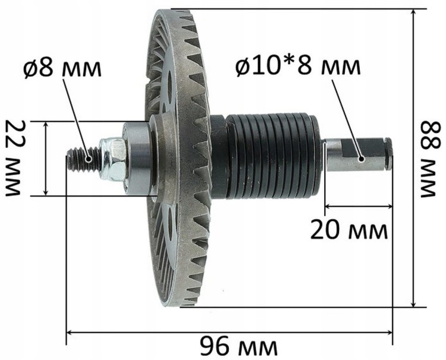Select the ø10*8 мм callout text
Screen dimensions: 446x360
coord(298,67)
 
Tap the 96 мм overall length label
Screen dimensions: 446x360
coord(238,346)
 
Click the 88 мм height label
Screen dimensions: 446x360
coord(429,159)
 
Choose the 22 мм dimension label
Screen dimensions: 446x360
coord(13,158)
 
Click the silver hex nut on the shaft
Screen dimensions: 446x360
coord(112,159)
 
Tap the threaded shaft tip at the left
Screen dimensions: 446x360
coord(83,160)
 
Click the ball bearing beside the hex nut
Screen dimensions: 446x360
coord(136,159)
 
